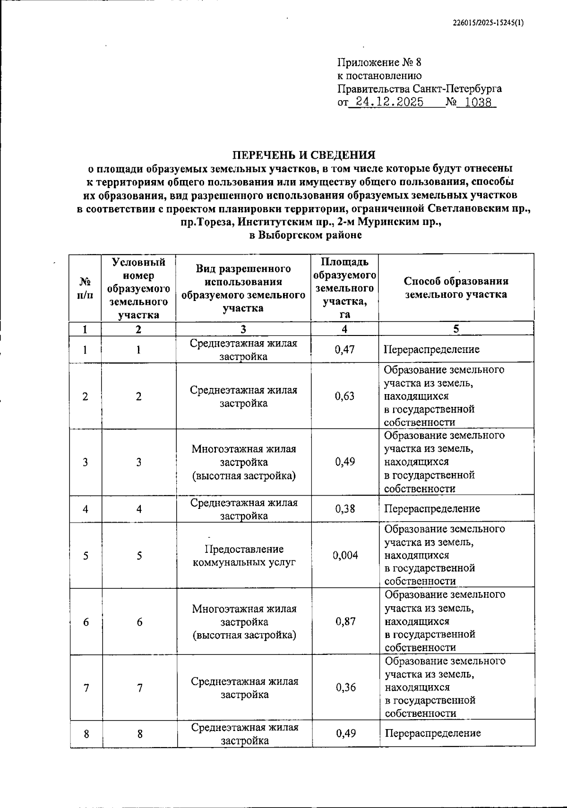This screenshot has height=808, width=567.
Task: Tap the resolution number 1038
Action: click(478, 102)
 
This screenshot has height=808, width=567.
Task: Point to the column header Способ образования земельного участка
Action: click(456, 288)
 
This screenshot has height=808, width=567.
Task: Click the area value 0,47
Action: click(344, 350)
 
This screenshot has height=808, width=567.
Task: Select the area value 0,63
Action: click(344, 396)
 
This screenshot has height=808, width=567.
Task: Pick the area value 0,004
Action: click(345, 555)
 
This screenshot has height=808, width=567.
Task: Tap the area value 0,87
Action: click(345, 622)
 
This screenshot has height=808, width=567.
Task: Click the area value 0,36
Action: click(345, 688)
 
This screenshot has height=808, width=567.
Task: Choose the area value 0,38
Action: click(345, 509)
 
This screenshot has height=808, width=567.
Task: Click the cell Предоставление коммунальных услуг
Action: click(244, 556)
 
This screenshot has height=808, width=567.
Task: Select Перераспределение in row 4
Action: click(432, 509)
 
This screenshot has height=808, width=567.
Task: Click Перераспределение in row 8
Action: click(433, 733)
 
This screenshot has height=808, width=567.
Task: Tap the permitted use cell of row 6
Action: click(244, 622)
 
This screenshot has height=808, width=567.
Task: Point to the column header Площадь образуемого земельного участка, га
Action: click(345, 288)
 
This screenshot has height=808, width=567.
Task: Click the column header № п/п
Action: click(85, 288)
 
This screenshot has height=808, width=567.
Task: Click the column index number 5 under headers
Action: click(456, 329)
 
